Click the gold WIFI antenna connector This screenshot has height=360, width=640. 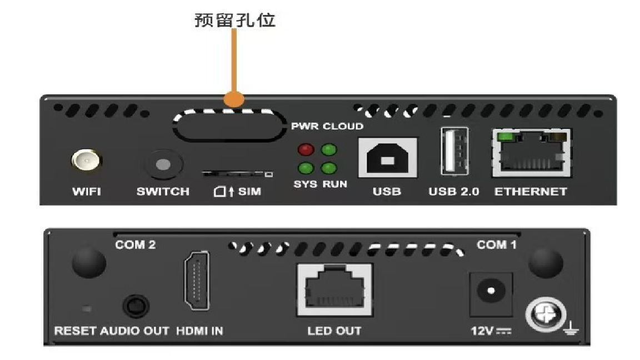click(86, 161)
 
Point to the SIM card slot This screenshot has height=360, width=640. click(237, 174)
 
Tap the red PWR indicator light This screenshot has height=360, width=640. click(306, 149)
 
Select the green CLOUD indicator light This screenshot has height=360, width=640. click(329, 149)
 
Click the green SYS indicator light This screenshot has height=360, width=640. click(306, 168)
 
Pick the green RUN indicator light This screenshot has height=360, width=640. click(329, 168)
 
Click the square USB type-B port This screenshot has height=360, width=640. click(387, 158)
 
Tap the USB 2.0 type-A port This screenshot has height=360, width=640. click(454, 152)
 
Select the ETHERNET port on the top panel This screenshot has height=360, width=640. click(531, 153)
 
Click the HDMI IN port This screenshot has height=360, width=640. click(198, 281)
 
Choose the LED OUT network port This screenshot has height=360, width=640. click(334, 290)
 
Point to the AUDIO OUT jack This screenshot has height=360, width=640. click(136, 306)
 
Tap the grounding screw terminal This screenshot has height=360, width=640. click(546, 314)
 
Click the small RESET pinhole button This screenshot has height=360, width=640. click(87, 308)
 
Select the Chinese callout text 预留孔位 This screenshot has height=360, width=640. click(235, 20)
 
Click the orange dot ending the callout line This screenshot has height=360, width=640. click(234, 99)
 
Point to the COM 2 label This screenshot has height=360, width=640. click(135, 244)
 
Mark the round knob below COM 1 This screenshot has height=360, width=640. click(546, 262)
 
